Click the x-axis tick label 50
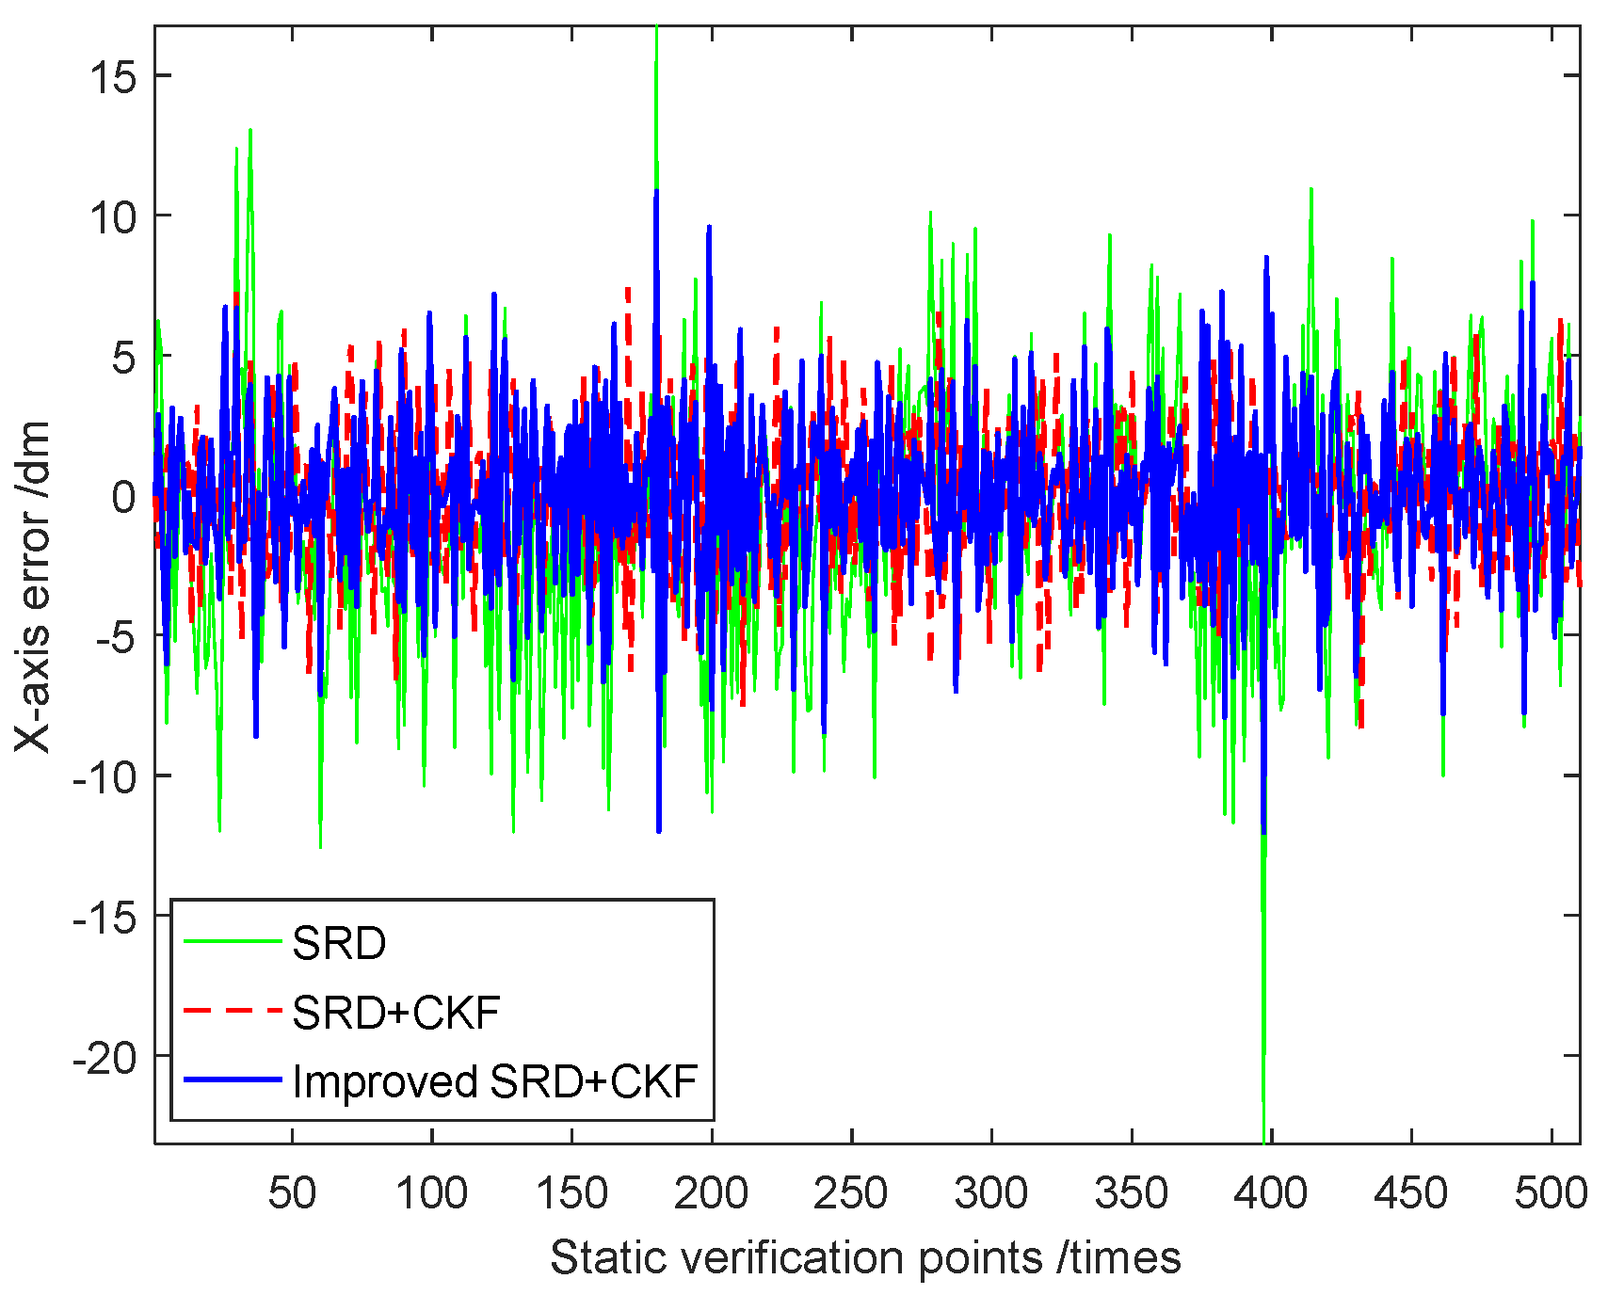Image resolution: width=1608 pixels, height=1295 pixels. pos(292,1193)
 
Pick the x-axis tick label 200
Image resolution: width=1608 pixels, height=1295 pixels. pos(712,1193)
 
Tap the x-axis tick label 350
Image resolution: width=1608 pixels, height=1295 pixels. pos(1132,1193)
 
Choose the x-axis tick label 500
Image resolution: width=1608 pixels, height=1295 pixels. pos(1551,1193)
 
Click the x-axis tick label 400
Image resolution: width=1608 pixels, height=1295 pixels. pos(1271,1193)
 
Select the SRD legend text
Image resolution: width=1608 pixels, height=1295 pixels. pos(339,943)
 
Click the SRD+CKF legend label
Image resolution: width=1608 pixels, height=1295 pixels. pos(396,1013)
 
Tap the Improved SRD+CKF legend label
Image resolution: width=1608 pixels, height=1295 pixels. pos(495,1081)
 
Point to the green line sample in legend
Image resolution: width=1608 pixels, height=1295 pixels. pos(233,941)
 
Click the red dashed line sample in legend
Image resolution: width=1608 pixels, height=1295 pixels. pos(233,1011)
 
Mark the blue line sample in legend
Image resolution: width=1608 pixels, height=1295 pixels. pos(233,1079)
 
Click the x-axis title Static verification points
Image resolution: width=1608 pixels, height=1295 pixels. pos(865,1257)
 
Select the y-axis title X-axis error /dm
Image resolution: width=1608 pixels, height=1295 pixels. pos(34,586)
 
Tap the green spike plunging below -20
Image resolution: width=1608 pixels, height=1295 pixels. pos(1263,1120)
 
